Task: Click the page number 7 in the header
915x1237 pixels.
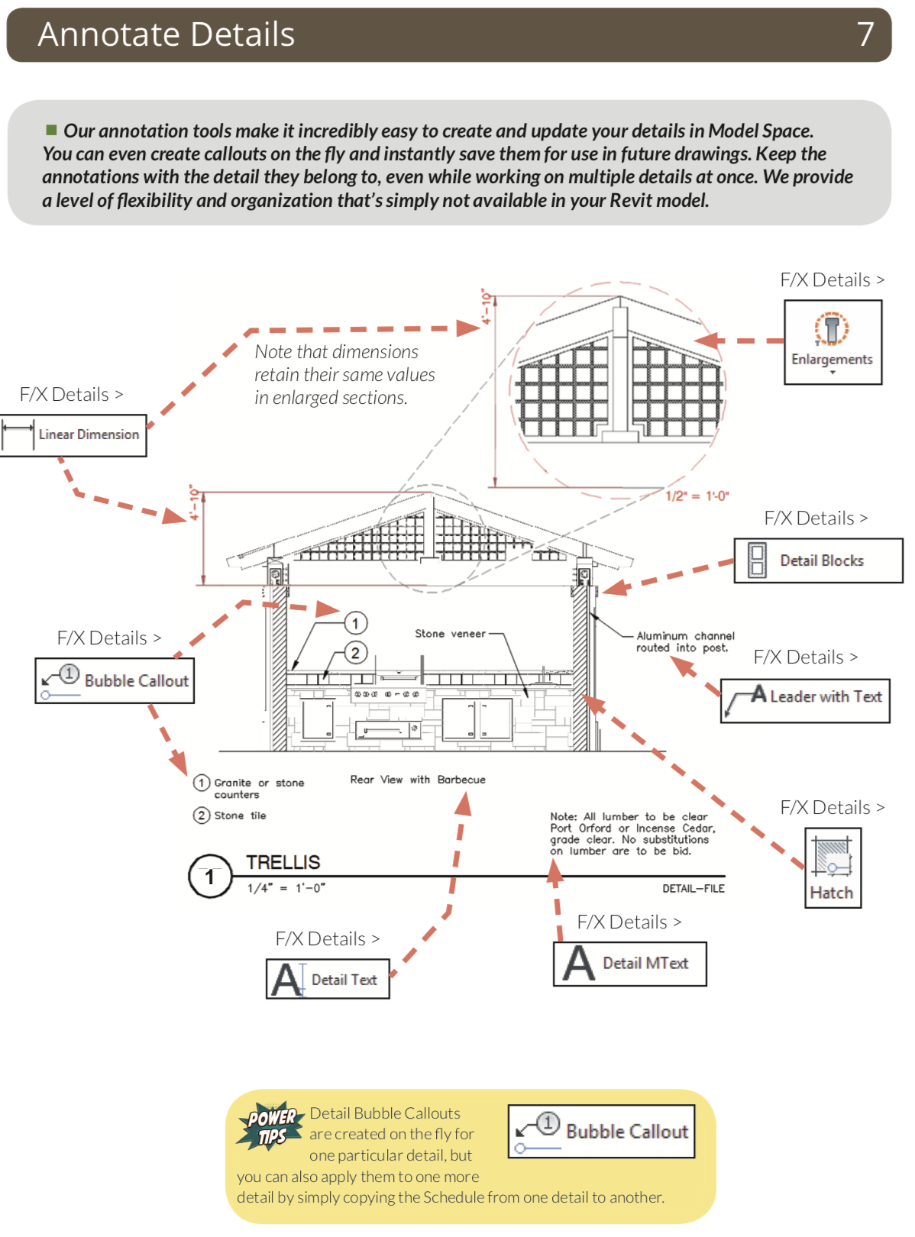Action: pos(865,34)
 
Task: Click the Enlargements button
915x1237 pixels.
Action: pos(833,341)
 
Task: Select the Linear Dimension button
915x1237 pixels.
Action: pos(74,435)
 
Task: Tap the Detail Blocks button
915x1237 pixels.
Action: pos(818,560)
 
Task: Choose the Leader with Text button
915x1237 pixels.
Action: pos(805,700)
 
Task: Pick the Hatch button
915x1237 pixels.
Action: pos(833,867)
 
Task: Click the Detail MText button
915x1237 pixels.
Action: pos(629,964)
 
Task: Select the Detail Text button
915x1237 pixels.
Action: pos(328,979)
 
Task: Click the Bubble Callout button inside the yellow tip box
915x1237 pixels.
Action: pos(602,1131)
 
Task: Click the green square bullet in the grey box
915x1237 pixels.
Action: pos(51,130)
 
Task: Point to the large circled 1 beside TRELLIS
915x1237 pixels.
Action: pos(209,877)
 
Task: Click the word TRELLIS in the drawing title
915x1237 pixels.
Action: pos(283,862)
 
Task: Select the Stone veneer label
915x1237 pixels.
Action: pos(450,634)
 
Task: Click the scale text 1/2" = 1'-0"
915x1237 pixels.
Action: pos(697,496)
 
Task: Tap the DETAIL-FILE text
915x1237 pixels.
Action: pos(693,889)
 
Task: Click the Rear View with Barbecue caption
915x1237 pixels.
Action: pos(417,780)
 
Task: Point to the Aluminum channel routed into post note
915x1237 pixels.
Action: pos(684,641)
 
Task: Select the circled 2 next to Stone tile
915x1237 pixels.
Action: pos(201,816)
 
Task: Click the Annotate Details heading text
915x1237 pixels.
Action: pos(167,34)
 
